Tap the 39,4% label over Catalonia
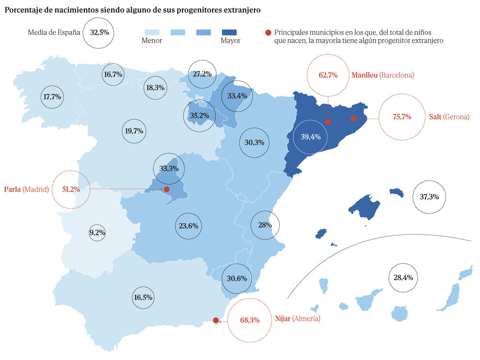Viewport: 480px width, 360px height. point(310,137)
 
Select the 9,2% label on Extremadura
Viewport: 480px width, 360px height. point(97,233)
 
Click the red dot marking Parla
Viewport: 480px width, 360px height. point(166,189)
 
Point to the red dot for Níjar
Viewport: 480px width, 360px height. point(216,320)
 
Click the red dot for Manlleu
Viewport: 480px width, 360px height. point(328,122)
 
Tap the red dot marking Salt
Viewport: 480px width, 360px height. point(353,118)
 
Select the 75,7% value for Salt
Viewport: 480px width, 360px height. point(402,117)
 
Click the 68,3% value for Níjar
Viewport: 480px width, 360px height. point(250,320)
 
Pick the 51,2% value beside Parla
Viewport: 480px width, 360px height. point(71,189)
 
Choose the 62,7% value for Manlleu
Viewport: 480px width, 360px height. point(328,75)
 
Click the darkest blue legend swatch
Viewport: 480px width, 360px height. point(230,32)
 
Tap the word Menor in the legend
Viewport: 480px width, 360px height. point(152,41)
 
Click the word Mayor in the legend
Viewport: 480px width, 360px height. point(230,41)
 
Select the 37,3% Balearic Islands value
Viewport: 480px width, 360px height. point(429,197)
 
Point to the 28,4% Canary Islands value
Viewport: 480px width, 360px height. point(403,278)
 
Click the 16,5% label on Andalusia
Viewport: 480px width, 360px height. point(143,297)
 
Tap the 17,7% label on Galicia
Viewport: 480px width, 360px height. point(52,97)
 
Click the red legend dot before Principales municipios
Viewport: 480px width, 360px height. point(268,32)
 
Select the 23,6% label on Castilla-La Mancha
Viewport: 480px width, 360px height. point(188,226)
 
